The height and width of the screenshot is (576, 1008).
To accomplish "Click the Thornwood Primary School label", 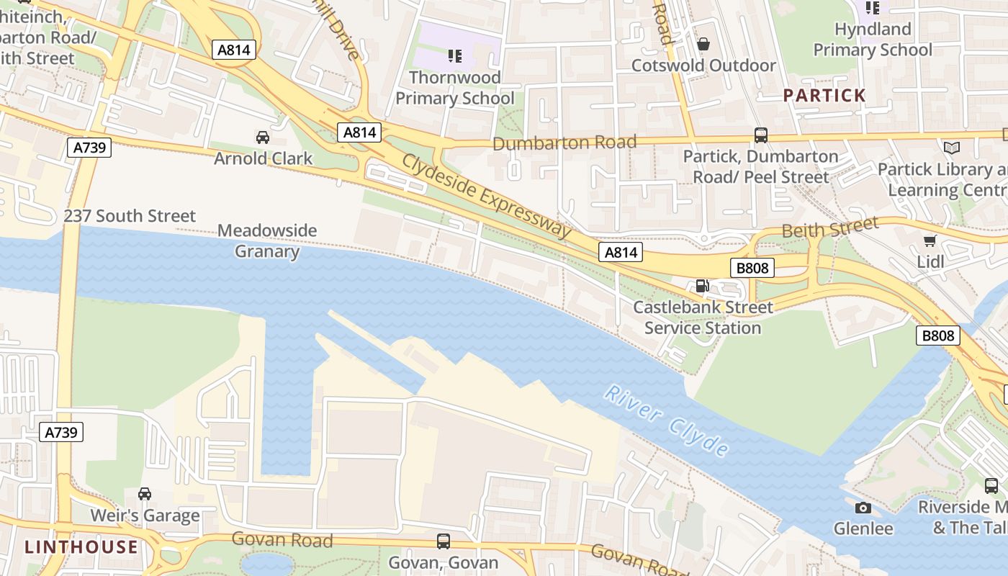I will pyautogui.click(x=455, y=87).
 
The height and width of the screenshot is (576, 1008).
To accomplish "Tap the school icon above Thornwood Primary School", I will pyautogui.click(x=455, y=55).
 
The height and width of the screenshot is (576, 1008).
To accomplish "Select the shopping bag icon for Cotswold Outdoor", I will pyautogui.click(x=703, y=44).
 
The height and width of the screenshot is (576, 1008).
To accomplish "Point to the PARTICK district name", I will pyautogui.click(x=824, y=95).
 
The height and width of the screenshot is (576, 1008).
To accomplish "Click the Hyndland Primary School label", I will pyautogui.click(x=873, y=40).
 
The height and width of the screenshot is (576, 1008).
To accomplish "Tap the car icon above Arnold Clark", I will pyautogui.click(x=263, y=137).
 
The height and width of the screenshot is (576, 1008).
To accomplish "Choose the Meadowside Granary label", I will pyautogui.click(x=267, y=240).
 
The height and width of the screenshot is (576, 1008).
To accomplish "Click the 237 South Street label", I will pyautogui.click(x=130, y=216).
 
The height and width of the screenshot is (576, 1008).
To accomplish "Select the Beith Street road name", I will pyautogui.click(x=830, y=229).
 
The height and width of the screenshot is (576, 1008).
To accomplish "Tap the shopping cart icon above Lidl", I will pyautogui.click(x=930, y=240).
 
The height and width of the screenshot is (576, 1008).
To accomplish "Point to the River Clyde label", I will pyautogui.click(x=666, y=420).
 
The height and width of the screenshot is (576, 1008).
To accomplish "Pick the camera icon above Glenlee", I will pyautogui.click(x=863, y=508).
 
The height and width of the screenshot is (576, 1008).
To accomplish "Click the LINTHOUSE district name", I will pyautogui.click(x=81, y=546).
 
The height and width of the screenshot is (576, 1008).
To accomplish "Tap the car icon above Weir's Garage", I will pyautogui.click(x=145, y=494).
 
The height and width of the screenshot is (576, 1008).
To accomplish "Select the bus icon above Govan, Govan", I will pyautogui.click(x=444, y=541).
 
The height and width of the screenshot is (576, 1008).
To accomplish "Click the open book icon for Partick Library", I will pyautogui.click(x=952, y=148).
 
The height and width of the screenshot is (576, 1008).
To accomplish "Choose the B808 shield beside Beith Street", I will pyautogui.click(x=752, y=269).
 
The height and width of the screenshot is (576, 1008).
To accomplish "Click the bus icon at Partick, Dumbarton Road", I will pyautogui.click(x=760, y=135).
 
